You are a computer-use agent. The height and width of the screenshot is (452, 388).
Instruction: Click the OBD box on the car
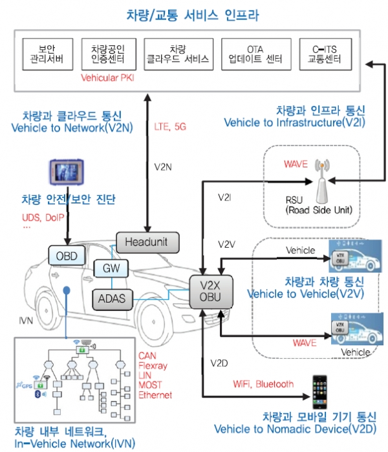pos(67,256)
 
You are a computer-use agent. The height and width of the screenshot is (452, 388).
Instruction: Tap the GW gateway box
pos(111,268)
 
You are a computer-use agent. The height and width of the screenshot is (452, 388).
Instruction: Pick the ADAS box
pos(113,297)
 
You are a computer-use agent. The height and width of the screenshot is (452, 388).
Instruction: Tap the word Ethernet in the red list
pos(156,394)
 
